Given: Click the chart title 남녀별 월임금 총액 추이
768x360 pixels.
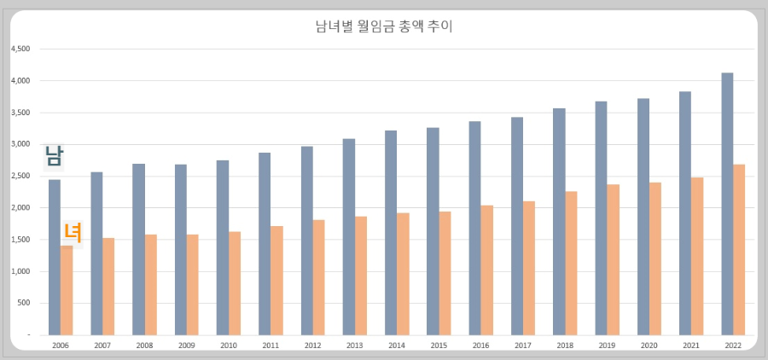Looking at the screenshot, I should click(x=383, y=26).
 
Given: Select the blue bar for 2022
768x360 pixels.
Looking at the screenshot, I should click(x=727, y=205).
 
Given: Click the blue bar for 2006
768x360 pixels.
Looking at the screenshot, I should click(x=54, y=257).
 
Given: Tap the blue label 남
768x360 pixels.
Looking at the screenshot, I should click(x=54, y=155).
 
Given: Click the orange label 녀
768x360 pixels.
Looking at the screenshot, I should click(x=73, y=232).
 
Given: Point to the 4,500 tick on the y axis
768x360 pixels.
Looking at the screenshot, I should click(x=20, y=49).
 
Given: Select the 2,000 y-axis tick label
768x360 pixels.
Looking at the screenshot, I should click(x=20, y=208).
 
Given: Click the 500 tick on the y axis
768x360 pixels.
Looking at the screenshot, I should click(x=23, y=303).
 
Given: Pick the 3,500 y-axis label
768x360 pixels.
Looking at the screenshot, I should click(x=20, y=113).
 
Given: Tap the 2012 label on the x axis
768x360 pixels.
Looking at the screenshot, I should click(x=312, y=345).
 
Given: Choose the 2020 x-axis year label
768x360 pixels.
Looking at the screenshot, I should click(x=649, y=345).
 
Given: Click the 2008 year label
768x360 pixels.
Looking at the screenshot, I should click(x=144, y=345).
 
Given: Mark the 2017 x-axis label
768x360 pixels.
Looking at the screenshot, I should click(x=522, y=345).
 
